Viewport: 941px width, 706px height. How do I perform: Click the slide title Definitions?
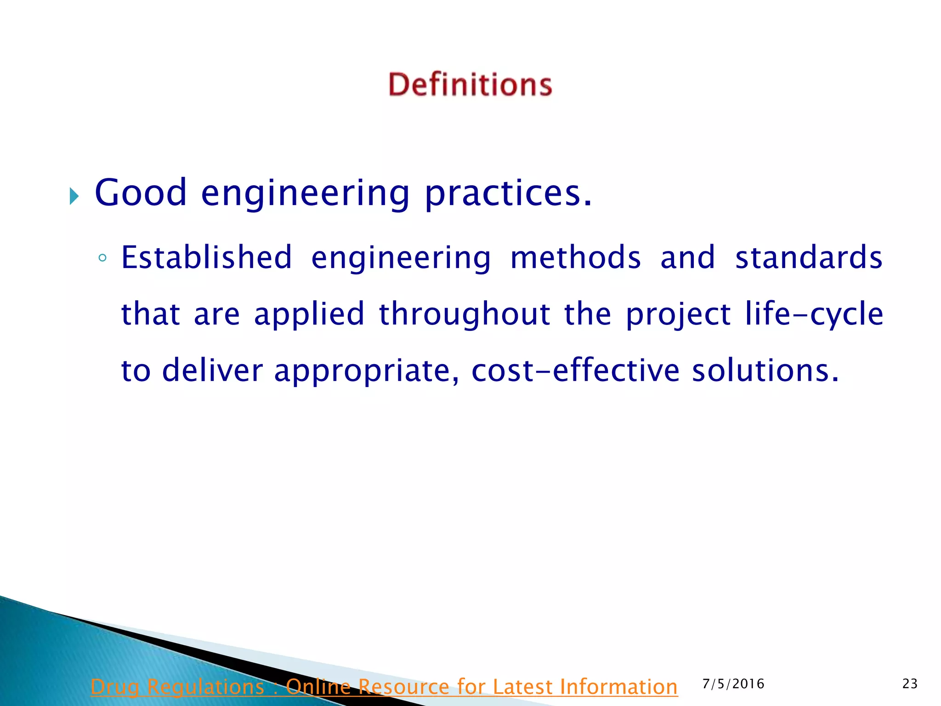[470, 85]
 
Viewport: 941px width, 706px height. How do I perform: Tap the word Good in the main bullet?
[141, 193]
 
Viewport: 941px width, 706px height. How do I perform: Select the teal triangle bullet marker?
[74, 196]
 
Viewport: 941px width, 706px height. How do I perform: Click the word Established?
[207, 257]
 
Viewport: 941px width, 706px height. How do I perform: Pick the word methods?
[575, 257]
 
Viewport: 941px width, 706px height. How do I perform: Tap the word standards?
[809, 257]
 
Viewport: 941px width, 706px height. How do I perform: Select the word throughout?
[465, 314]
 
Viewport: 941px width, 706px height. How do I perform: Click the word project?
[678, 314]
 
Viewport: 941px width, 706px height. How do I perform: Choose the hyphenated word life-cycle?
[814, 314]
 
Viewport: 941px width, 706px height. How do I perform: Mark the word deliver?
[213, 370]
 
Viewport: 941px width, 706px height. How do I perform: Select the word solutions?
[765, 370]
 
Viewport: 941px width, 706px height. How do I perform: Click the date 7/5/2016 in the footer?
[733, 684]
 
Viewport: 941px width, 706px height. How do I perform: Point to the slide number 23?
[910, 684]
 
